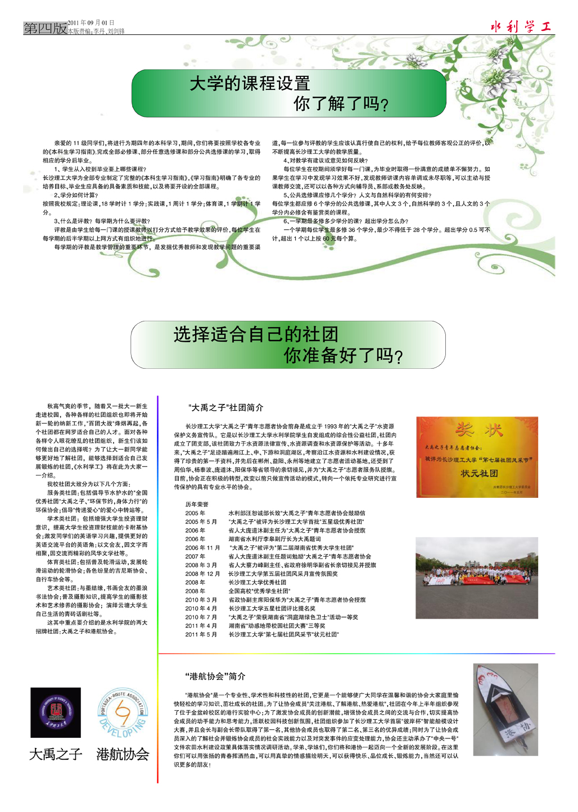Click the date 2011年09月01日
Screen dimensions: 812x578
91,23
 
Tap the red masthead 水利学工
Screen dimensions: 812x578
521,26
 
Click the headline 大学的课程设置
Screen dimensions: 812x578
250,84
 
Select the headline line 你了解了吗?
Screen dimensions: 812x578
341,104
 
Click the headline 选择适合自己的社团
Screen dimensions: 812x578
256,334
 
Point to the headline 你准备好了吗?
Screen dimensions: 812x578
343,356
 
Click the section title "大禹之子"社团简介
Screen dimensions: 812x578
225,407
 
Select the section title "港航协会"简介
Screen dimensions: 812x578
215,676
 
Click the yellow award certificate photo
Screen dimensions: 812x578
477,457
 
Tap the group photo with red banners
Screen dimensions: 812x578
476,578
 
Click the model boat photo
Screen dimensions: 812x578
505,709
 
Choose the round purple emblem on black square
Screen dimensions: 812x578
55,713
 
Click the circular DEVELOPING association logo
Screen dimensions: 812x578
123,713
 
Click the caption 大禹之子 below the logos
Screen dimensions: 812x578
56,754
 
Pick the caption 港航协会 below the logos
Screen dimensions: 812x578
123,754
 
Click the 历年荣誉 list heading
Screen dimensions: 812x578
197,504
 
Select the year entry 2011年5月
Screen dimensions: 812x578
201,634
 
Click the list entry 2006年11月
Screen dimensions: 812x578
202,548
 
